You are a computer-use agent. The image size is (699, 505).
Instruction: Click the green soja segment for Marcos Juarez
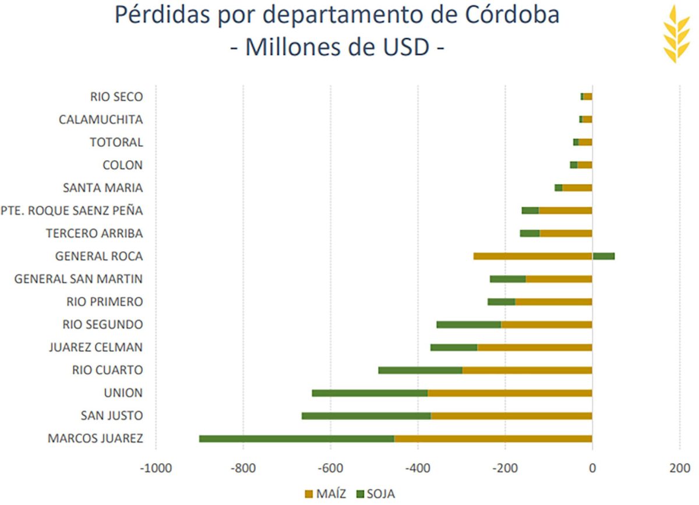296,439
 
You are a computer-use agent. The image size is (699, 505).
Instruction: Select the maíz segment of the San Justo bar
511,416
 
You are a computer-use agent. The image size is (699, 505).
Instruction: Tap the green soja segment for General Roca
603,256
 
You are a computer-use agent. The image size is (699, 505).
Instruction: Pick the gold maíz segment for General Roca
532,256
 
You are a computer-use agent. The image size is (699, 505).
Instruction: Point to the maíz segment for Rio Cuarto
527,370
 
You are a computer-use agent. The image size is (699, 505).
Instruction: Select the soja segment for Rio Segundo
469,324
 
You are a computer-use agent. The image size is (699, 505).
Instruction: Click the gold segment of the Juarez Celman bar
535,348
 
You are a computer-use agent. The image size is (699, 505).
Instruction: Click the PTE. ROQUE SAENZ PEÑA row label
72,211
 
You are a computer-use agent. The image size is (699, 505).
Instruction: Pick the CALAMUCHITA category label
101,120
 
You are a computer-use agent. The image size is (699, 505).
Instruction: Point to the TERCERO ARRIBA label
94,234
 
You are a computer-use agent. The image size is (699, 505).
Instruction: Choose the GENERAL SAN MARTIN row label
79,279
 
